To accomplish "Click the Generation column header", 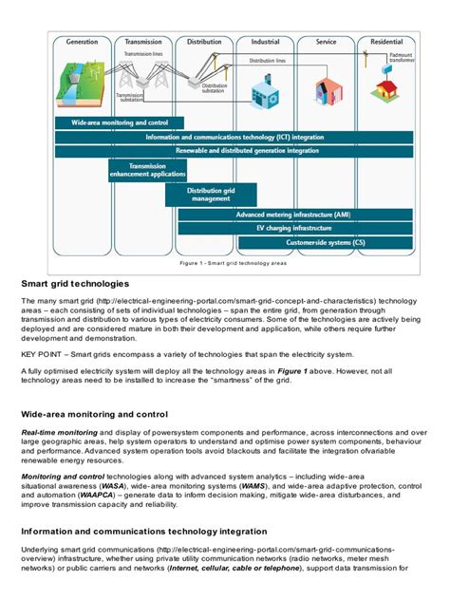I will [82, 42].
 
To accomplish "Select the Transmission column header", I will [143, 42].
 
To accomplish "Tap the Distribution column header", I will [204, 42].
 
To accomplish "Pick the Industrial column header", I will [265, 42].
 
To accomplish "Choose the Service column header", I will [326, 42].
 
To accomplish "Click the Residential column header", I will [385, 42].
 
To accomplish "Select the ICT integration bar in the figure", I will [234, 137].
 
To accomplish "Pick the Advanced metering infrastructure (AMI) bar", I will [297, 216].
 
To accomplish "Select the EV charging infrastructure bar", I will [297, 229].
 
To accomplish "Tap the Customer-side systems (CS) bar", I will [326, 242].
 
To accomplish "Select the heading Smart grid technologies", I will [75, 284].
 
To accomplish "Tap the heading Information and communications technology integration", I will [143, 532].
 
